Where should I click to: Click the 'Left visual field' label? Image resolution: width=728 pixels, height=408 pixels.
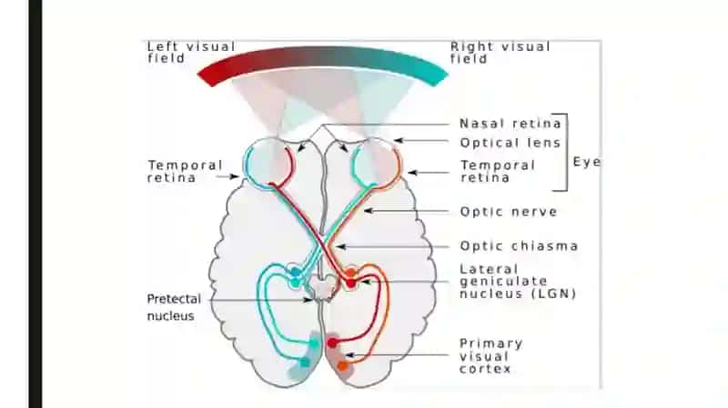(x=191, y=53)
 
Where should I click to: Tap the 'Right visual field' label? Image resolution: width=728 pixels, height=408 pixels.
(x=500, y=53)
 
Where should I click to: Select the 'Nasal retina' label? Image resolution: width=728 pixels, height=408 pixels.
(x=511, y=124)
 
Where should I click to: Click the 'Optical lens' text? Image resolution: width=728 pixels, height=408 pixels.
(x=511, y=143)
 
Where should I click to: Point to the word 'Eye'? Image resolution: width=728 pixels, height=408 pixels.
(x=587, y=162)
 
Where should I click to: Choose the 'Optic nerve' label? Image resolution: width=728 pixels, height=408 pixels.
(x=509, y=212)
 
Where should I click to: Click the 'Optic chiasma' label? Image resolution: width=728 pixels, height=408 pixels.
(x=519, y=245)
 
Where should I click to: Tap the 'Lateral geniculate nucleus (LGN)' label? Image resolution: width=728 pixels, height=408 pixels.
(x=518, y=282)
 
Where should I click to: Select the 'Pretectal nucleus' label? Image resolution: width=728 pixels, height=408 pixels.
(x=174, y=307)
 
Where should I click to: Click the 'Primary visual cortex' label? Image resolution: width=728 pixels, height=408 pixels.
(x=490, y=356)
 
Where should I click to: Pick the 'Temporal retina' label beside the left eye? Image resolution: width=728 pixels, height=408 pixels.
(x=185, y=172)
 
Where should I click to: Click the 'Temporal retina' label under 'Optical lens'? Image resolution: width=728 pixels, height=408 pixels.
(x=498, y=172)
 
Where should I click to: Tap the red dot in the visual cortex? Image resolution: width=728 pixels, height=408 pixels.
(x=332, y=343)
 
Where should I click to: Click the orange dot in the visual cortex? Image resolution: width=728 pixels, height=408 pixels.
(x=342, y=366)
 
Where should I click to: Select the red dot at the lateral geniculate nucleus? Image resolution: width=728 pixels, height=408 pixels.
(x=351, y=283)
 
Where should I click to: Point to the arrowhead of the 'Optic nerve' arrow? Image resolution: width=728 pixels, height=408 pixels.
(x=368, y=211)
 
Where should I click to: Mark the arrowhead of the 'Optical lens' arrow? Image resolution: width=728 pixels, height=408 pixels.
(x=398, y=140)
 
